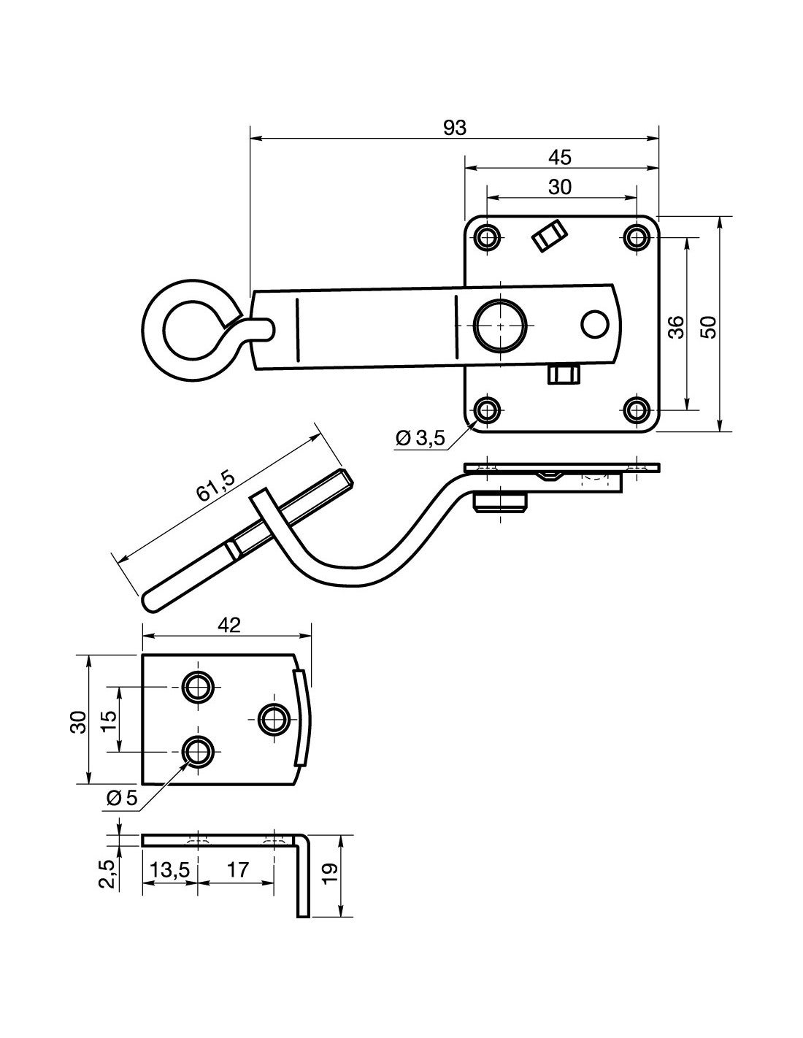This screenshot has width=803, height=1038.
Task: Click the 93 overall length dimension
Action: (454, 128)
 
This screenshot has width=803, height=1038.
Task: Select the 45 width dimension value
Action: (560, 157)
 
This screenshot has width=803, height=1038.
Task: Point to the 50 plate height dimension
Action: (710, 327)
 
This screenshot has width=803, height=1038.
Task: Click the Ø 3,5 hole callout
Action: (420, 437)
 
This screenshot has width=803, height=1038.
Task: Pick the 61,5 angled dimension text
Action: (216, 486)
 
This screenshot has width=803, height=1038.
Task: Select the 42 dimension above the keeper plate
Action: (228, 625)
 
